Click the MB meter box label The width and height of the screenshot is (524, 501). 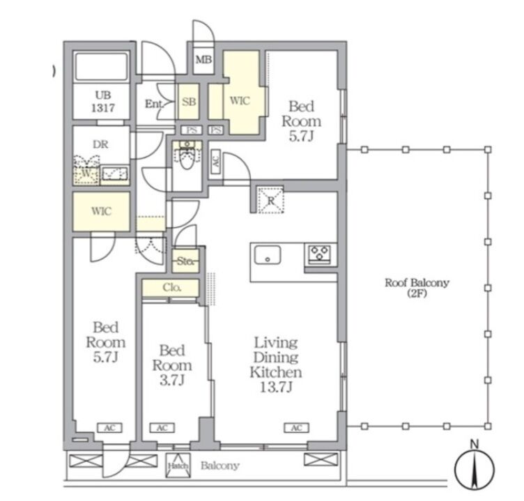click(204, 60)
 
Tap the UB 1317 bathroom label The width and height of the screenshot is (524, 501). click(103, 102)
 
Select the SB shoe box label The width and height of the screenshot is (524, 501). click(189, 101)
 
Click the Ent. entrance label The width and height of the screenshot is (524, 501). click(153, 104)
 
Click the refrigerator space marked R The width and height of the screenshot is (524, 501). click(270, 201)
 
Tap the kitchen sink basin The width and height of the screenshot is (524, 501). click(268, 255)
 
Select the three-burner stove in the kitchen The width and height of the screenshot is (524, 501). click(320, 254)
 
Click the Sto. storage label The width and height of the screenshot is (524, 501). click(185, 261)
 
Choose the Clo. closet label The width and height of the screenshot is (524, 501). click(172, 288)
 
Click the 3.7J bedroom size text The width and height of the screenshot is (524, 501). click(172, 380)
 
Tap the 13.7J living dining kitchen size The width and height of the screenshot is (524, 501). click(276, 387)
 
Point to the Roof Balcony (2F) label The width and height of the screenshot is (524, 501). click(417, 288)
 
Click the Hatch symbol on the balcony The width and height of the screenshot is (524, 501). click(178, 465)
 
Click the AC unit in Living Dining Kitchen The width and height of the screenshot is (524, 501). click(297, 428)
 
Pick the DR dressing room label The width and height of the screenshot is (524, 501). click(100, 144)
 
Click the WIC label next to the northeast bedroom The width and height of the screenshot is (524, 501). click(240, 100)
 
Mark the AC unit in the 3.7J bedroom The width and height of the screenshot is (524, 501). click(162, 428)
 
